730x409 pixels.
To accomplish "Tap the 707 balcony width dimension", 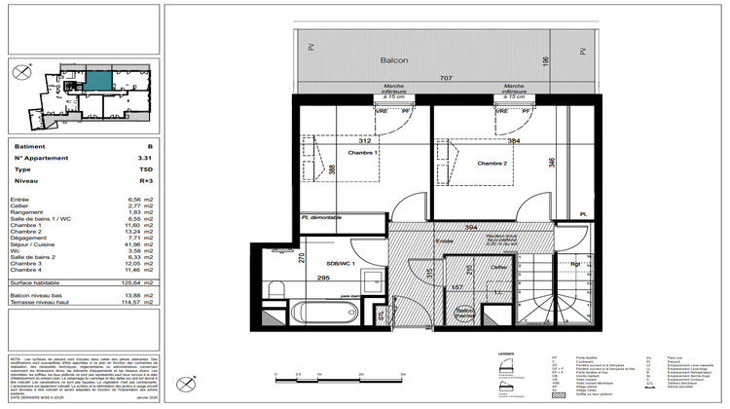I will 445,77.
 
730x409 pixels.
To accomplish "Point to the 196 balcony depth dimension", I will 546,62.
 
